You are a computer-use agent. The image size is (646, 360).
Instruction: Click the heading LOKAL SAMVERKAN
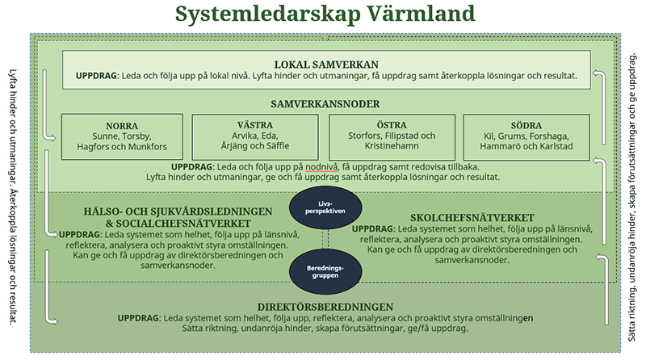pos(326,65)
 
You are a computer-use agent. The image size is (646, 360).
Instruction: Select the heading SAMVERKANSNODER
pos(326,104)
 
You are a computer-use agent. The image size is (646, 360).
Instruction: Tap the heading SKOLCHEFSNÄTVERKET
pos(472,218)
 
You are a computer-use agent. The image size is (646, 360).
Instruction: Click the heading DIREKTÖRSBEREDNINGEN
pos(325,307)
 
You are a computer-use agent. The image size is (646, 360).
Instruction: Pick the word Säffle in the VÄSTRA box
pos(276,148)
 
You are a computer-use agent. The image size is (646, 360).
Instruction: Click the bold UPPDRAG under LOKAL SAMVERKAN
pos(97,77)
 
